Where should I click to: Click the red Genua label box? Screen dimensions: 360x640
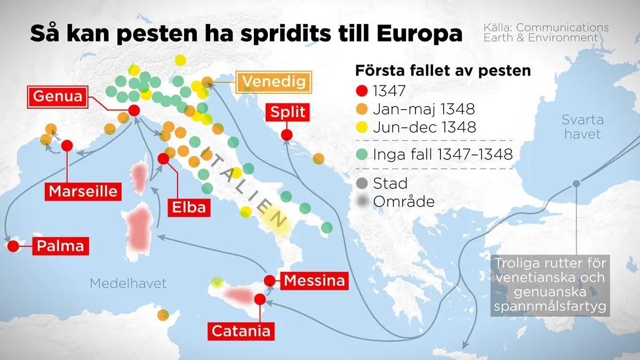[x=58, y=97]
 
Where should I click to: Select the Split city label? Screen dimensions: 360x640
[x=287, y=113]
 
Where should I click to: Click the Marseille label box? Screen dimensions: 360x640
[x=83, y=191]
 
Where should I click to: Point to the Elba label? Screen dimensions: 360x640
[x=189, y=206]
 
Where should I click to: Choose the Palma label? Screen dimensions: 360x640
[x=60, y=246]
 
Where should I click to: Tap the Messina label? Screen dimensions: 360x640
[x=314, y=280]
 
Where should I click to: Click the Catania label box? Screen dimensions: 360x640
[x=241, y=331]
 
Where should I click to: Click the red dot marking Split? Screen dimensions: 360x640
[x=287, y=134]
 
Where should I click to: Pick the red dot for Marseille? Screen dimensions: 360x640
[x=67, y=146]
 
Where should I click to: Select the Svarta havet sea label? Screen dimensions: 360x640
[x=582, y=126]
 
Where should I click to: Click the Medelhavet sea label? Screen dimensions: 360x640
[x=128, y=283]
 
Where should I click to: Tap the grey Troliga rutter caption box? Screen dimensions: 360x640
[x=549, y=285]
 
